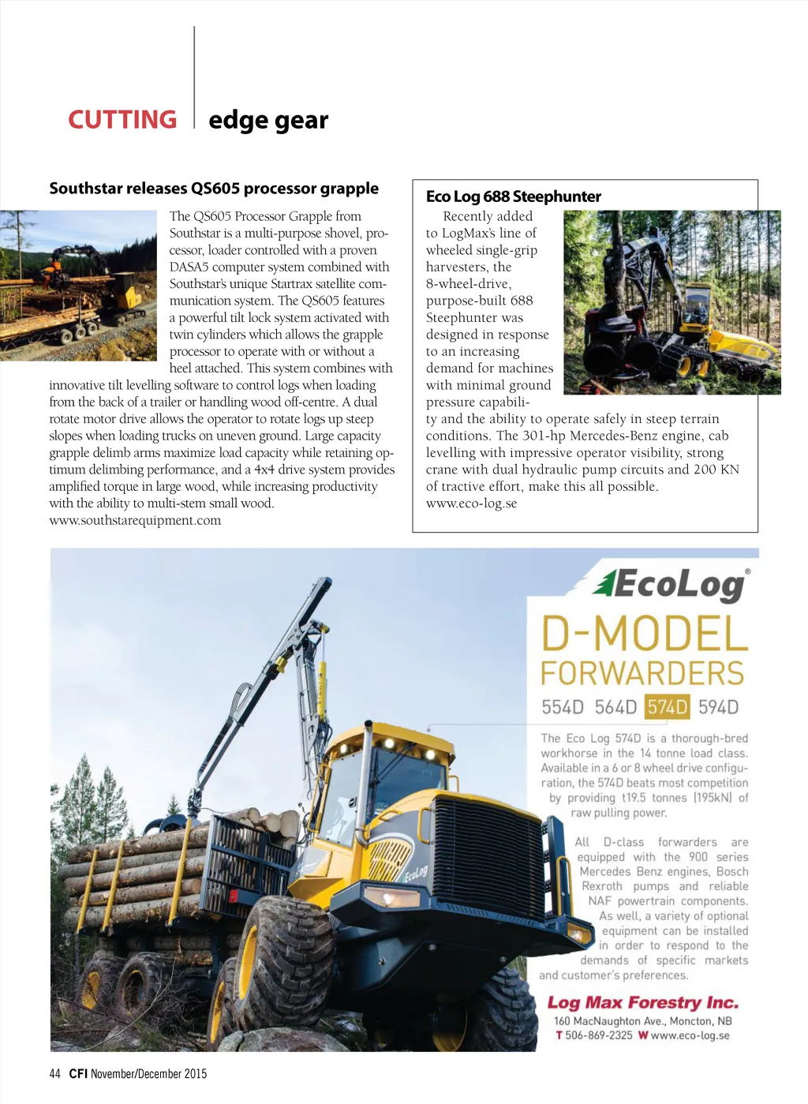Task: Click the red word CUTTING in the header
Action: click(x=122, y=120)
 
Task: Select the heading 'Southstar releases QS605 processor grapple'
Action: click(x=214, y=189)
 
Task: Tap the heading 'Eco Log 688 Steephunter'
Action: click(x=514, y=196)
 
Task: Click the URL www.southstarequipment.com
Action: click(x=135, y=520)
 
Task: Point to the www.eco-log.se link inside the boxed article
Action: click(x=471, y=503)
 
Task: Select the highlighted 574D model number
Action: click(x=667, y=707)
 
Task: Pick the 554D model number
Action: click(x=563, y=707)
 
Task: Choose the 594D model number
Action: click(x=718, y=707)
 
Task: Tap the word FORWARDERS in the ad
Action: click(x=642, y=674)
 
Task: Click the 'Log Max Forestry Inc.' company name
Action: click(x=643, y=1002)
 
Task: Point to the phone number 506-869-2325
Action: click(x=598, y=1035)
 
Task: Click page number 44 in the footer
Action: click(x=54, y=1073)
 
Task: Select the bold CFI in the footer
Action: click(x=78, y=1073)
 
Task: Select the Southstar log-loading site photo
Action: click(x=78, y=285)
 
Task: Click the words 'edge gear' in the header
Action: click(x=268, y=120)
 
